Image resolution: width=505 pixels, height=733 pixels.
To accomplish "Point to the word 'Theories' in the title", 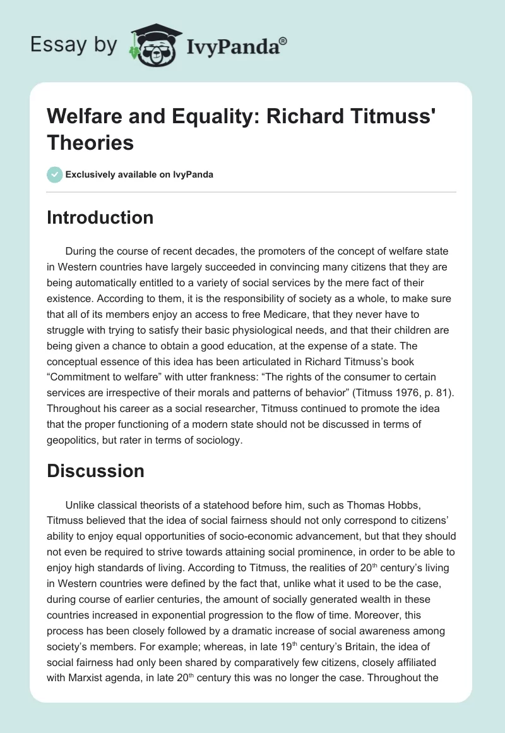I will point(90,143).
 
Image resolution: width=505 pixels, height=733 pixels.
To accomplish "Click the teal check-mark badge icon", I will point(55,174).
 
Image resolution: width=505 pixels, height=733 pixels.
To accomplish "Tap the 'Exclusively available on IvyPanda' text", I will point(140,175).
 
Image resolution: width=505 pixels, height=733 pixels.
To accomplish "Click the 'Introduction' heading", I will point(100,218).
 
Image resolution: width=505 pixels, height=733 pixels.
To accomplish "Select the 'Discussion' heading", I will point(96,471).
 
